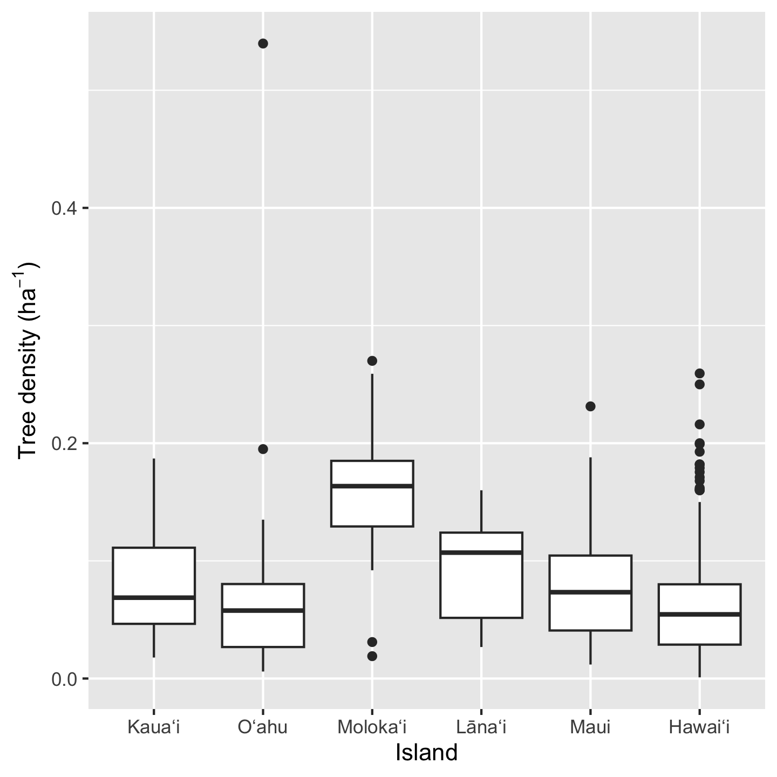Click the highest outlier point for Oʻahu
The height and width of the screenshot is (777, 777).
coord(263,44)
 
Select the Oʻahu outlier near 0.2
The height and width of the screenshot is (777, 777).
coord(263,449)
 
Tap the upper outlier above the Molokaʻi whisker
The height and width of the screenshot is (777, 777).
coord(372,360)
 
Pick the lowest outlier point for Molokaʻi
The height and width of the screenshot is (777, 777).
coord(372,656)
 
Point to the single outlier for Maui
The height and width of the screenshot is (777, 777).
coord(590,406)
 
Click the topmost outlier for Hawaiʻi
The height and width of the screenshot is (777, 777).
coord(700,373)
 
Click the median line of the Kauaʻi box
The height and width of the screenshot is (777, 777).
coord(154,597)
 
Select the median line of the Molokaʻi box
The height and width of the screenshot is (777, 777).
coord(372,486)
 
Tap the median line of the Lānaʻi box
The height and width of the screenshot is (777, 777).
coord(481,552)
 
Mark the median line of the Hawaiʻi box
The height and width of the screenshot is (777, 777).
coord(700,614)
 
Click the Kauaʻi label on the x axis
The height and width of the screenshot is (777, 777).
coord(154,727)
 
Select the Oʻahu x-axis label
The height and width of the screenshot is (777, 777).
coord(263,727)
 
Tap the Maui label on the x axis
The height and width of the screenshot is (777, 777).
coord(590,727)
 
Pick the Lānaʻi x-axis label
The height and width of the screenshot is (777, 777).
coord(481,727)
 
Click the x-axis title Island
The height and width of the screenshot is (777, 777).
coord(426,753)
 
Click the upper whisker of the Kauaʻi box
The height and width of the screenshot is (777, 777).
coord(154,502)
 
